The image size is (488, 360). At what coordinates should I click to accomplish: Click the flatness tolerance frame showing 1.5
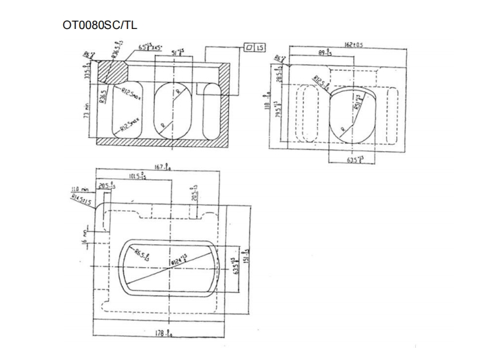254,48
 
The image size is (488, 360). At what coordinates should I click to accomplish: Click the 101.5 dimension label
138,175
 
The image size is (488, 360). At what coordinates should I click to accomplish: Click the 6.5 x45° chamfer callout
151,48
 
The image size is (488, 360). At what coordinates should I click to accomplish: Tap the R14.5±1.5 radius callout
81,200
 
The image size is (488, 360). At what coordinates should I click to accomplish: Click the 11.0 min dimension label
79,189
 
